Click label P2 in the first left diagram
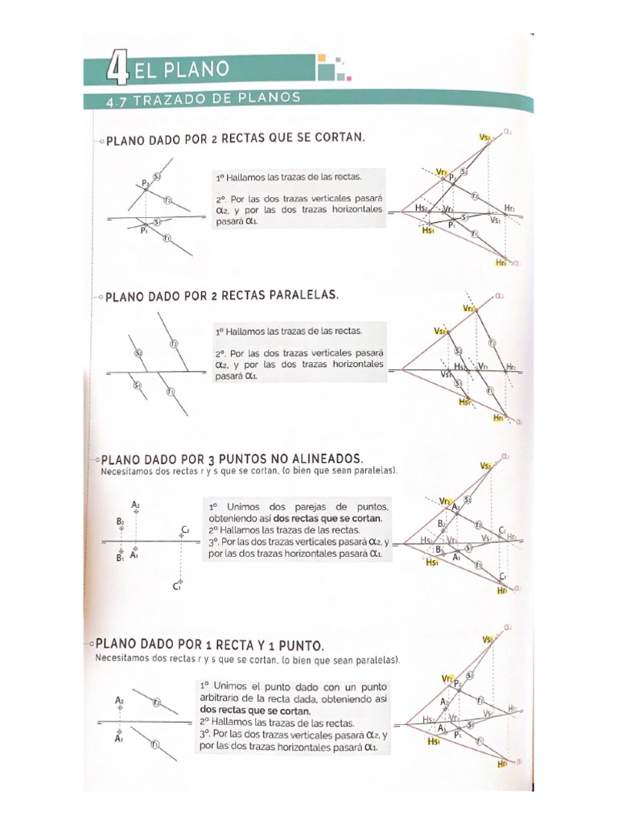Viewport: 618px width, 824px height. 146,184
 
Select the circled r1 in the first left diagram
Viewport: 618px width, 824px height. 167,237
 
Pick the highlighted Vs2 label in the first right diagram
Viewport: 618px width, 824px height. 485,138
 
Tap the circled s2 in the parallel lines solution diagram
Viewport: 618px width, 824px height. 459,351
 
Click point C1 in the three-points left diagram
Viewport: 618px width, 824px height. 179,585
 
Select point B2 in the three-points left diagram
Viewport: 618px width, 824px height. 120,522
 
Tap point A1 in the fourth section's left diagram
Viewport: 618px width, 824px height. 118,736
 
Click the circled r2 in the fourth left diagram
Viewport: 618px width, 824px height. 159,703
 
